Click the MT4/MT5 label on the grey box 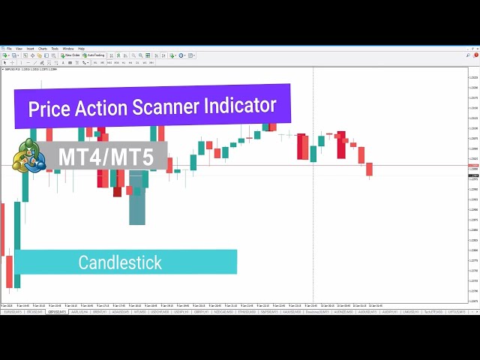tap(102, 157)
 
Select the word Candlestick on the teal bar tap(120, 262)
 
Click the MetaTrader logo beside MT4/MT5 tap(28, 157)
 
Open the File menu tap(9, 49)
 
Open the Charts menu tap(42, 49)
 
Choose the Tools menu tap(55, 49)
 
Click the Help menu tap(81, 49)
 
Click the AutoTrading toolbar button tap(95, 55)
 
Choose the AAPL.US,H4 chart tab tap(80, 311)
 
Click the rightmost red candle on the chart tap(369, 169)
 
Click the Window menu tap(67, 49)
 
